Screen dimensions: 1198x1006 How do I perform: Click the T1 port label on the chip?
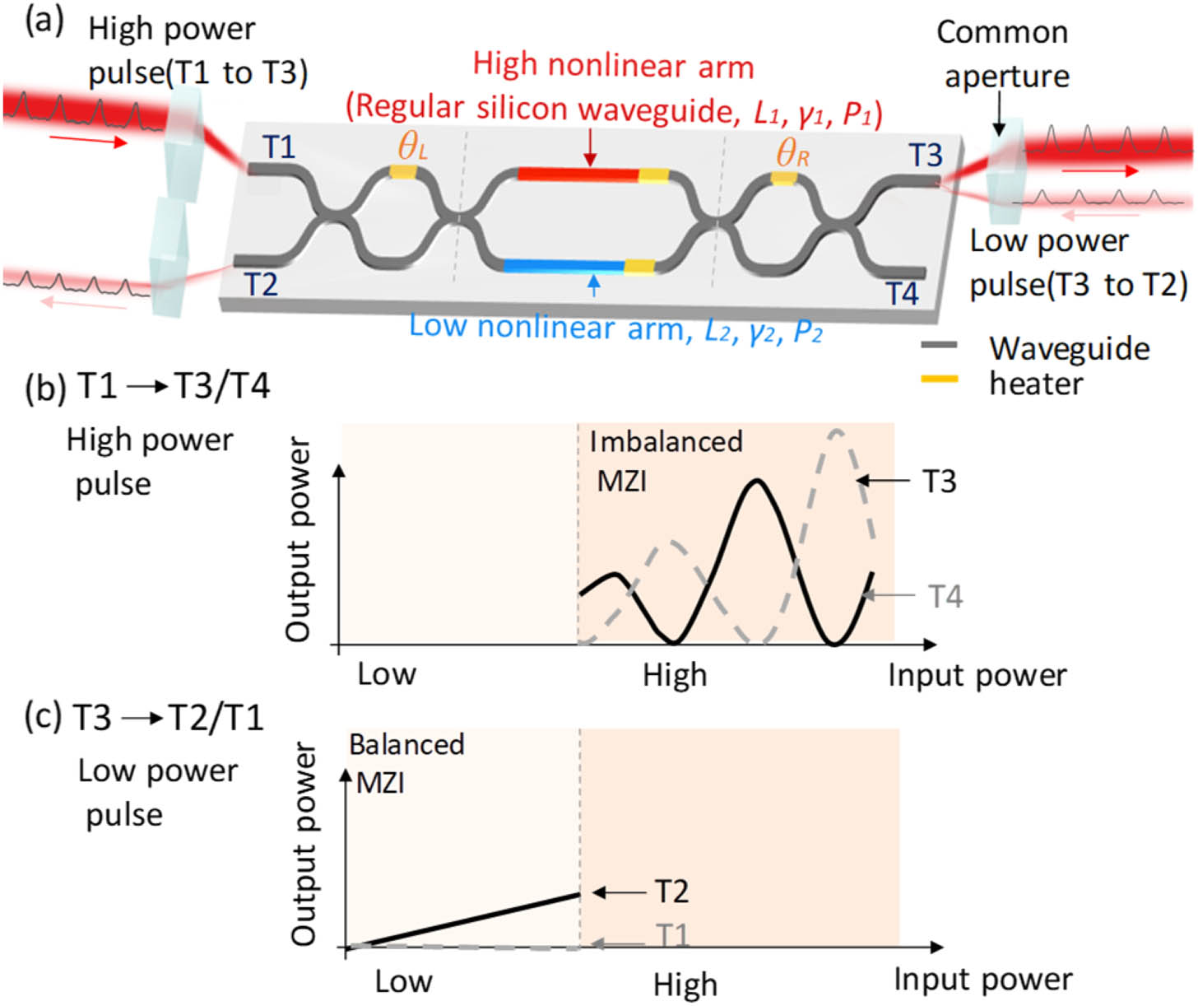click(x=280, y=147)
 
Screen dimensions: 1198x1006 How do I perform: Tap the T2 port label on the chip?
click(x=261, y=284)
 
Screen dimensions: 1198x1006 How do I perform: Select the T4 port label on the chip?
click(x=903, y=293)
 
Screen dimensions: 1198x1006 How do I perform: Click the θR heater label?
click(x=793, y=153)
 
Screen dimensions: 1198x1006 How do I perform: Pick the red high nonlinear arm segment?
click(x=578, y=174)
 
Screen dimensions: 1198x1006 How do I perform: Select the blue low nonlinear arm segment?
click(x=564, y=266)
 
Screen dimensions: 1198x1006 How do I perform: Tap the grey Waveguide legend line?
click(x=940, y=344)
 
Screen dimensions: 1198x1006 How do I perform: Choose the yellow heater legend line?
click(x=940, y=379)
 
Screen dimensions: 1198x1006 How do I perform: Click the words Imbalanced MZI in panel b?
click(x=666, y=461)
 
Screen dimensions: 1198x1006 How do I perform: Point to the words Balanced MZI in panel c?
click(x=406, y=764)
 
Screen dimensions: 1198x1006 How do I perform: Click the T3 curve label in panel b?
click(x=940, y=481)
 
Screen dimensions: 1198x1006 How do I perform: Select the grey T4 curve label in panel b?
click(x=945, y=596)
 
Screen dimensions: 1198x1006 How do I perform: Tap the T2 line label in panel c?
click(x=671, y=892)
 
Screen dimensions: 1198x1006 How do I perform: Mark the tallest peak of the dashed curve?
click(x=837, y=431)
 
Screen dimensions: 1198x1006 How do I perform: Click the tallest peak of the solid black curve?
click(x=758, y=480)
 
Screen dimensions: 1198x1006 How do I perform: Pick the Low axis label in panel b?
click(x=387, y=674)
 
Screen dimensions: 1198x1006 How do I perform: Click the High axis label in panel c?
click(x=685, y=984)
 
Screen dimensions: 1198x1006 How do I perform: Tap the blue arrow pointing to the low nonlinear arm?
click(x=594, y=286)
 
